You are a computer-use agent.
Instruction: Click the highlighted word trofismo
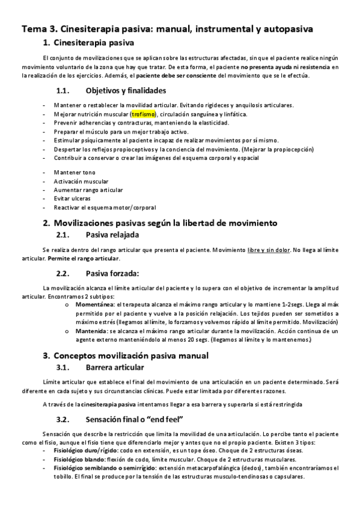[144, 114]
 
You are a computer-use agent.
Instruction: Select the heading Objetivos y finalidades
[118, 91]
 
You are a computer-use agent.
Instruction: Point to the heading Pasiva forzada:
[113, 273]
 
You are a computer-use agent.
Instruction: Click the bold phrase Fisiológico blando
[77, 459]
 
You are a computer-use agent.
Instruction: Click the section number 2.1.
[64, 235]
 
